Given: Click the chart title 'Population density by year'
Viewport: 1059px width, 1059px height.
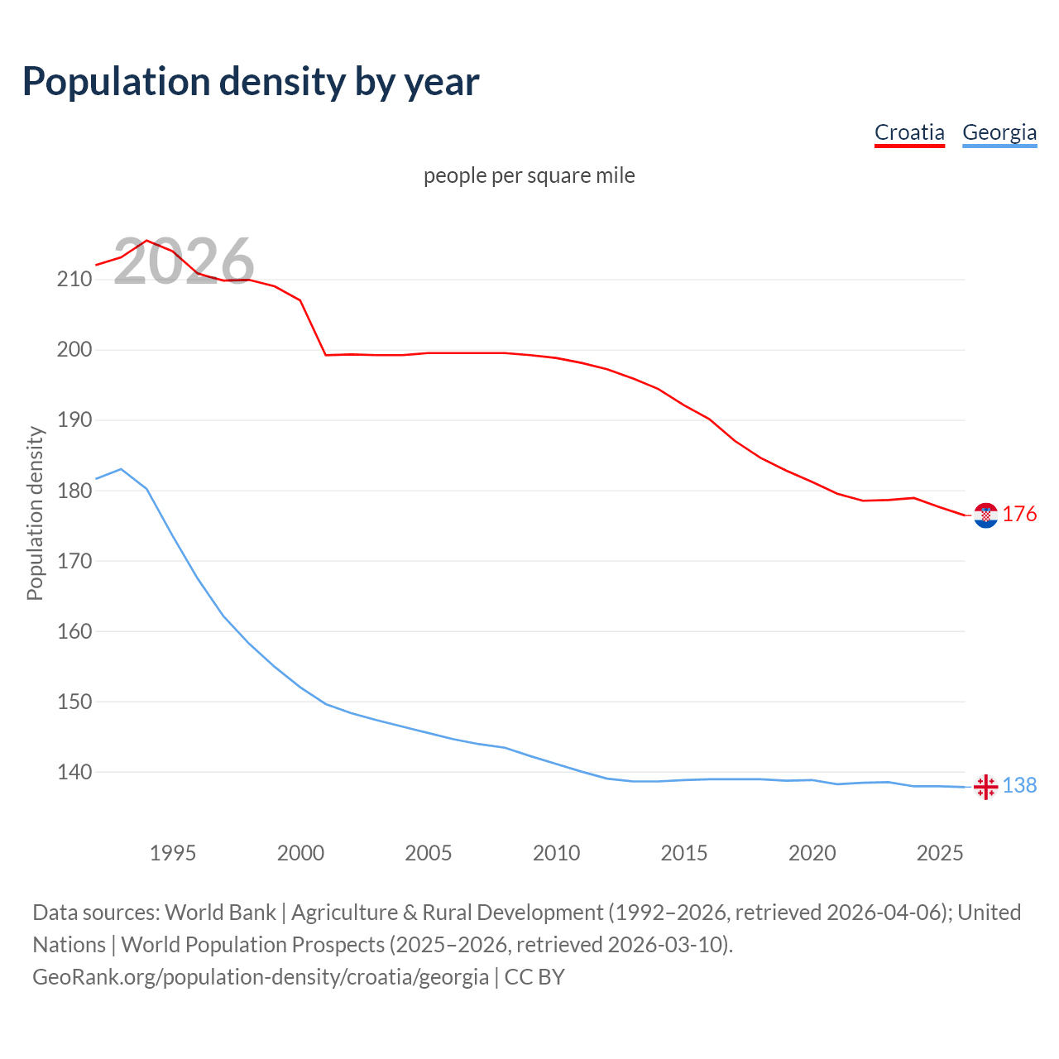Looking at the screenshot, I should point(251,82).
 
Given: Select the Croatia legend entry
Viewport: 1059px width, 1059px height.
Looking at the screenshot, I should point(909,132).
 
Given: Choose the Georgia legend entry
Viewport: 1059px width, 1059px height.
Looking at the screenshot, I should point(999,132).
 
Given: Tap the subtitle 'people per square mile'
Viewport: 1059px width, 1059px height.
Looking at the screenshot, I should point(529,175).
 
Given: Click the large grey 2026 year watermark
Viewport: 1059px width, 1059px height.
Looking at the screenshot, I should point(184,262).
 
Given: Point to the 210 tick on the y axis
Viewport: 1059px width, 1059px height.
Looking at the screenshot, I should point(74,279).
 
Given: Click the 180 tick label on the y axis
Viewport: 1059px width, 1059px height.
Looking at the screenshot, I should point(74,491).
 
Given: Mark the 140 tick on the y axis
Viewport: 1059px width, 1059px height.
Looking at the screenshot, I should point(74,772).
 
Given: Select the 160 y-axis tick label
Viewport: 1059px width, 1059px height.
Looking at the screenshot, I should point(74,631).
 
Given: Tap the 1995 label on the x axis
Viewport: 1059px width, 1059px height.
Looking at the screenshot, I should point(173,853).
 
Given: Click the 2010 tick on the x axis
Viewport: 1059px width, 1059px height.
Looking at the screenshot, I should point(556,853).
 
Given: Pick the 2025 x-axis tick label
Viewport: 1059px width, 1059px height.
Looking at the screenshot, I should point(940,853).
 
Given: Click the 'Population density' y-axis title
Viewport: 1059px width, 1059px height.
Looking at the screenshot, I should point(35,513).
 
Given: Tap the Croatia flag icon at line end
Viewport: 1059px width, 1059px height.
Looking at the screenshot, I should point(985,515).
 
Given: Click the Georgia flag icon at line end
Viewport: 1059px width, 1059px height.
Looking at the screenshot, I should point(985,786).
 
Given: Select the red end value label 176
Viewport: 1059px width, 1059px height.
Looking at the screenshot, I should point(1019,515).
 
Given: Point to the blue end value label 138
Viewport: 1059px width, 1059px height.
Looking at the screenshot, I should point(1019,786).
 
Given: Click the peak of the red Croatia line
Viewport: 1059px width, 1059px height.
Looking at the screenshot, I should point(146,241).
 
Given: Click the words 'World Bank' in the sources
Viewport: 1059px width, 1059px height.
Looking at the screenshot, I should point(220,913).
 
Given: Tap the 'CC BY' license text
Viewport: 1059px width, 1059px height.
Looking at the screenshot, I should point(534,977).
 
